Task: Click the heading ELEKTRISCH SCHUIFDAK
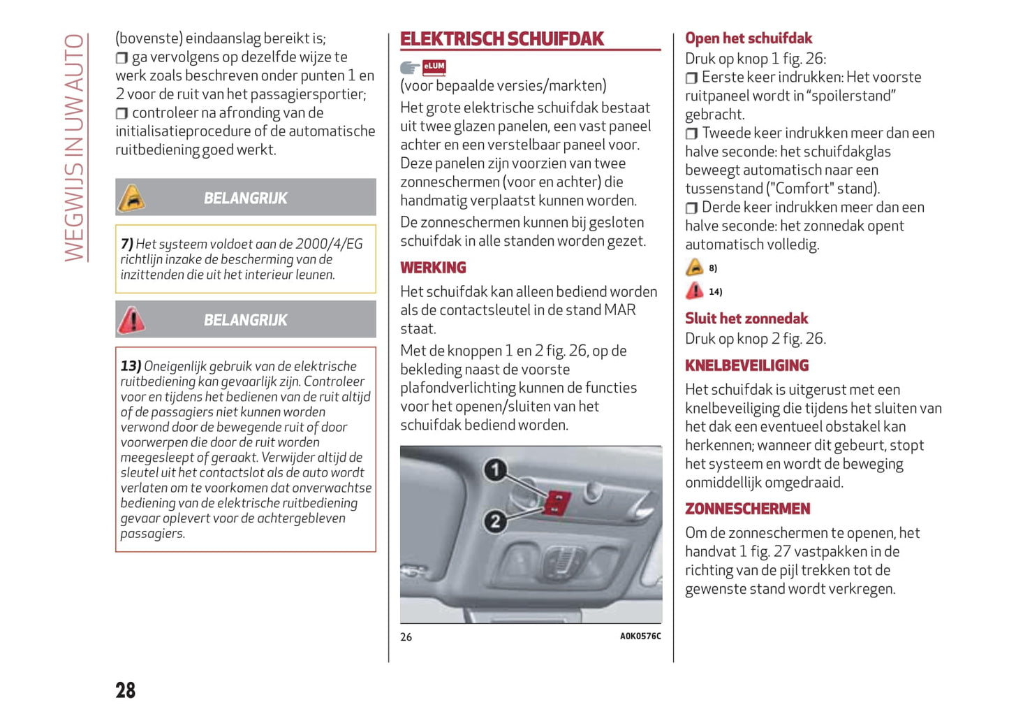501,39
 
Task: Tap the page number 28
126,690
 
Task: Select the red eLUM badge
434,67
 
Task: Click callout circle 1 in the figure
495,469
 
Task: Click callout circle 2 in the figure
495,520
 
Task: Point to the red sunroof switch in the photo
557,502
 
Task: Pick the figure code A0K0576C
640,636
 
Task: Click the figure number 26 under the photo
406,637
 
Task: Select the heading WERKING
433,268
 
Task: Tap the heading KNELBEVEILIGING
746,365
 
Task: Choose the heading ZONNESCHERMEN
747,509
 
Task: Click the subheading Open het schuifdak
748,38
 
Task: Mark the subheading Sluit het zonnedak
746,319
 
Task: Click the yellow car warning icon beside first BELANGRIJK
131,198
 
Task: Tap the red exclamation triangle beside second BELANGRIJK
131,320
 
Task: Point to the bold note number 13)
131,366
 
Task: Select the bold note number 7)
126,244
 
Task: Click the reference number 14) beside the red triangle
715,292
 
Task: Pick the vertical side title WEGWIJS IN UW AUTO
74,147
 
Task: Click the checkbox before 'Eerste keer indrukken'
691,78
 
